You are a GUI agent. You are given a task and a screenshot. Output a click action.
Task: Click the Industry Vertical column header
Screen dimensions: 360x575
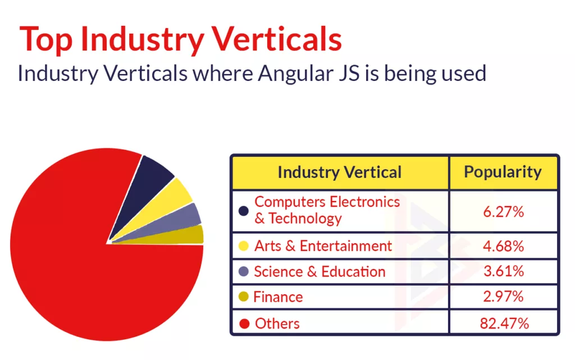(x=340, y=172)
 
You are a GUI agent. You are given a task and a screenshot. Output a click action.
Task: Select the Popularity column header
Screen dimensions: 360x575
(x=503, y=172)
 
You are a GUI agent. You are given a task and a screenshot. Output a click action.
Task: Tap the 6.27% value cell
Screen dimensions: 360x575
(x=503, y=212)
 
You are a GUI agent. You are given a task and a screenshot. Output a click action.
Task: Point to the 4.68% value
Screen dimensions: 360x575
(x=503, y=246)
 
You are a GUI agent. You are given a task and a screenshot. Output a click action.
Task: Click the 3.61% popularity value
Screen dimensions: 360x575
(x=503, y=272)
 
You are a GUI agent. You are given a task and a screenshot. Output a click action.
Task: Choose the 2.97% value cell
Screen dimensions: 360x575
(x=503, y=297)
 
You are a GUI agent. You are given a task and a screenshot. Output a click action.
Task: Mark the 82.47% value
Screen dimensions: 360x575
(x=503, y=323)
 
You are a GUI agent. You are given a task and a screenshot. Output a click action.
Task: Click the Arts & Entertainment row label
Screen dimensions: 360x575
(x=323, y=246)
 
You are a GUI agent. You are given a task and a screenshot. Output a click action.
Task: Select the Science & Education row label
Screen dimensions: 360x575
(x=320, y=272)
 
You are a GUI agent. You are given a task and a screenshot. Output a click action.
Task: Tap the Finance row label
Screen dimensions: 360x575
(x=278, y=297)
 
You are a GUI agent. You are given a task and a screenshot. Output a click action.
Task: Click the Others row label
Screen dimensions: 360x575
(x=277, y=323)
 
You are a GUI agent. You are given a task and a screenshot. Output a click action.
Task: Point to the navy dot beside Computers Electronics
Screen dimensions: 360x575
(x=244, y=211)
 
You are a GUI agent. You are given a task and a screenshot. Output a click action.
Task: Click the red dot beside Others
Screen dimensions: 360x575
(x=244, y=323)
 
